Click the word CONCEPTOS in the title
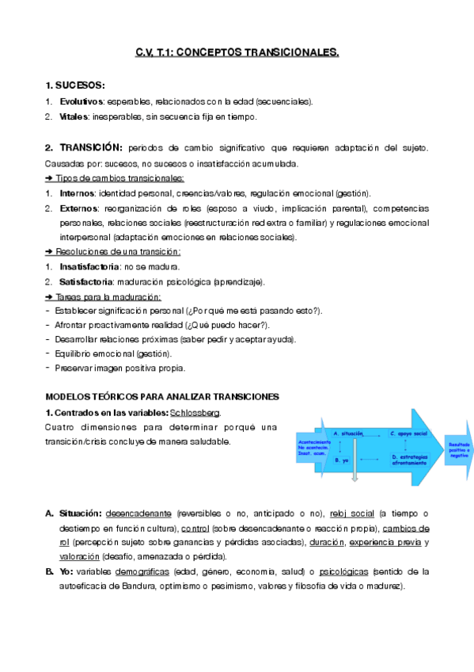(x=210, y=53)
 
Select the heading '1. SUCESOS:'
(x=75, y=86)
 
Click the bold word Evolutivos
(x=82, y=101)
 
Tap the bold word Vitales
(x=75, y=116)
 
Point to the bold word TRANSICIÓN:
(x=92, y=148)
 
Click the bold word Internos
(x=78, y=193)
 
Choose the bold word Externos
(x=78, y=208)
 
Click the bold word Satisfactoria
(x=85, y=282)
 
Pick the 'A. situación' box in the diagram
(x=348, y=434)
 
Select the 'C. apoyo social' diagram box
(x=408, y=434)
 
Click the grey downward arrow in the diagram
(x=355, y=471)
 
